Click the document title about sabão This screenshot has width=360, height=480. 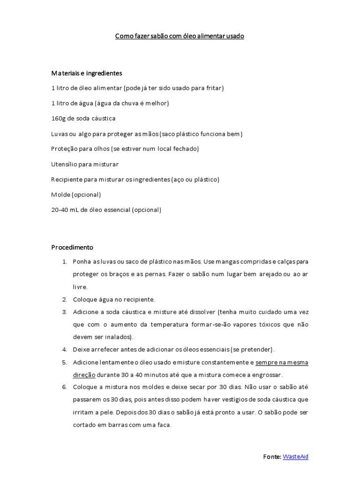click(180, 36)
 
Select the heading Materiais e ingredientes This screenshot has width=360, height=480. click(86, 73)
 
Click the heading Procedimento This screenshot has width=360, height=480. click(72, 247)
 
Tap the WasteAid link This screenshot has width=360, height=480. click(295, 457)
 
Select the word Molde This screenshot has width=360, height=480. click(60, 195)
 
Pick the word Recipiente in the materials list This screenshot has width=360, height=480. click(67, 180)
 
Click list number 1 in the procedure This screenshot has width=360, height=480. click(64, 262)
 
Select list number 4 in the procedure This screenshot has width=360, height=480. click(64, 350)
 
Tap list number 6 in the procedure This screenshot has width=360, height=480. click(64, 387)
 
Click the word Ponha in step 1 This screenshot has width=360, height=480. click(81, 262)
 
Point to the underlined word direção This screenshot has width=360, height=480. click(84, 375)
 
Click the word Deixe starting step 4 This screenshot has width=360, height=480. click(81, 350)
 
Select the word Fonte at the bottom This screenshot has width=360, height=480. click(271, 457)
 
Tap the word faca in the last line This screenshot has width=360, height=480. click(165, 425)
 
